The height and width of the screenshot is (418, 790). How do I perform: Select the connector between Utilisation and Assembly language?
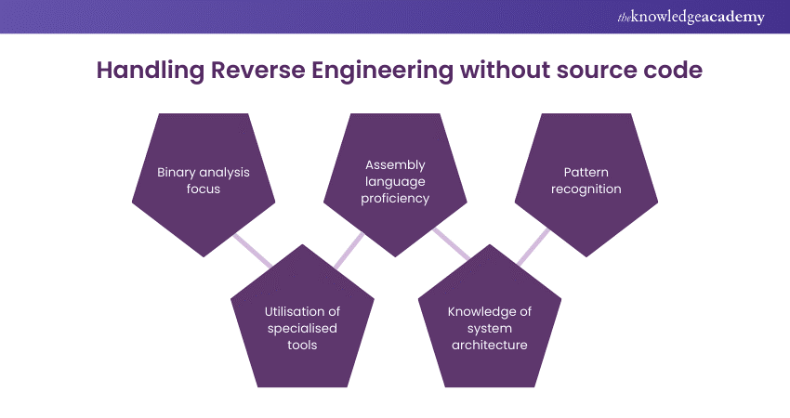click(x=348, y=249)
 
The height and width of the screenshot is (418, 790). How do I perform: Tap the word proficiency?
click(x=395, y=198)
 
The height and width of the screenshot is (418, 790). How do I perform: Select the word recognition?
click(x=586, y=189)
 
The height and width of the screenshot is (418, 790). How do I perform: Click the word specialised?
click(x=302, y=328)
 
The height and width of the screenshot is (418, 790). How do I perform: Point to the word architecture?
click(x=489, y=345)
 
